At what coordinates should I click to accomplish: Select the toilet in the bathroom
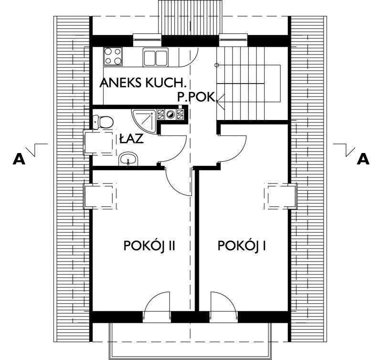point(103,121)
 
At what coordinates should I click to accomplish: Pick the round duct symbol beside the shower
point(170,114)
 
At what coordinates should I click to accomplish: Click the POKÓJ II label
point(150,246)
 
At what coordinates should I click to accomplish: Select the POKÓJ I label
point(242,246)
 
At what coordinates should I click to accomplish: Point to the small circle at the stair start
point(217,65)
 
